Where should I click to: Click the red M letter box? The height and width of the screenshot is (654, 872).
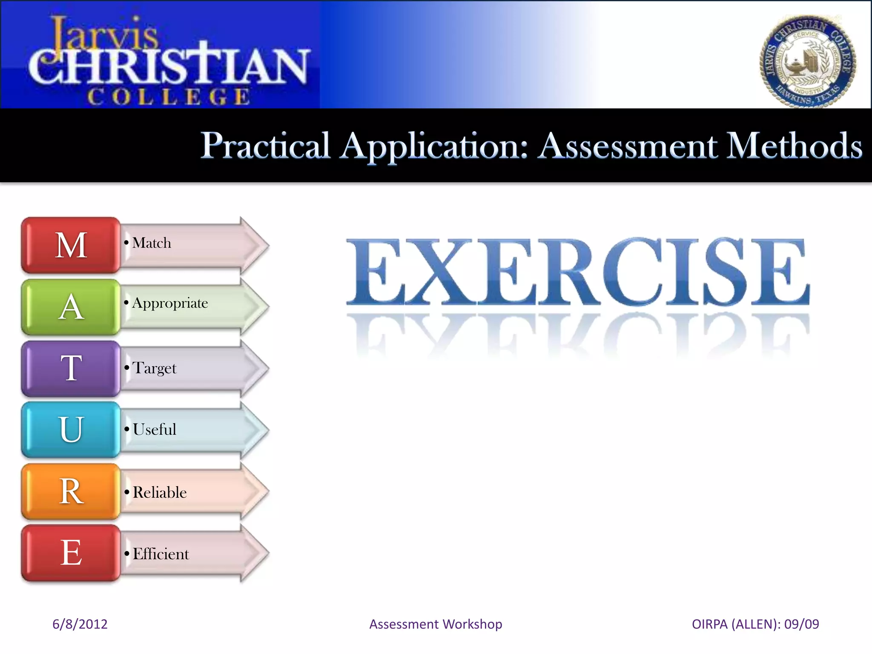coord(71,245)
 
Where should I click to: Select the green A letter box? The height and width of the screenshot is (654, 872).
coord(71,307)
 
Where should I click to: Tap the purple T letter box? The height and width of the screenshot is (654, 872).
coord(71,368)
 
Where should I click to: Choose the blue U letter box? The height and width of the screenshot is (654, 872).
coord(71,430)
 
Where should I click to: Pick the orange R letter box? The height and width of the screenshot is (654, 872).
coord(71,491)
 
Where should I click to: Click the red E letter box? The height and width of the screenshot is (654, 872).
coord(71,553)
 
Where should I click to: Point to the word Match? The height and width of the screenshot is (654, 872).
coord(152,243)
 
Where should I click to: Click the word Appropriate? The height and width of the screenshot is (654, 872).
coord(170,303)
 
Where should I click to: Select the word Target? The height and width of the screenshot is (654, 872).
coord(154,368)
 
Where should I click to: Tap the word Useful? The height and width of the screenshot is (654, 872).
coord(154,429)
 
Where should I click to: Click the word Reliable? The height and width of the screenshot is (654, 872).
coord(160,492)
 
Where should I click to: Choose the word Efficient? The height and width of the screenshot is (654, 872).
coord(161,554)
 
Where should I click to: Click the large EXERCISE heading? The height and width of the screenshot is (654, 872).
coord(577,272)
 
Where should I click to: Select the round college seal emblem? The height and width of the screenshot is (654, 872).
coord(807,62)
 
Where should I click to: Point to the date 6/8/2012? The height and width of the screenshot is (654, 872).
coord(80,624)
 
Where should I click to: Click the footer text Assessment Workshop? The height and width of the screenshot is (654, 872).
coord(436,624)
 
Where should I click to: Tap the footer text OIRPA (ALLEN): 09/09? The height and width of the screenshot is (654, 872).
coord(755,624)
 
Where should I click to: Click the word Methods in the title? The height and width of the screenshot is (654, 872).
coord(794,146)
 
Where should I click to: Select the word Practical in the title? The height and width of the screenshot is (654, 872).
coord(265,146)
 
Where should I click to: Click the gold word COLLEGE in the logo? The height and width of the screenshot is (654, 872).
coord(169,97)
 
